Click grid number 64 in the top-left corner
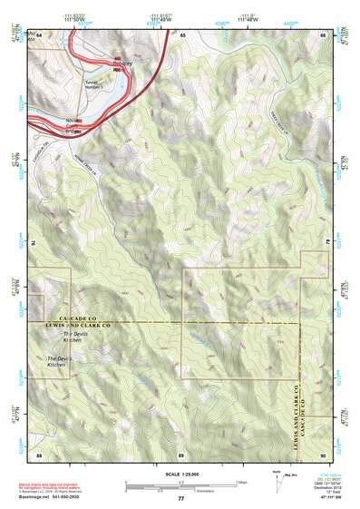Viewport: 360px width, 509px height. click(x=40, y=34)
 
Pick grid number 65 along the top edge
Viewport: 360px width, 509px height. click(x=182, y=34)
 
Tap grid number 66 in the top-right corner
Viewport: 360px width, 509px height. click(x=323, y=34)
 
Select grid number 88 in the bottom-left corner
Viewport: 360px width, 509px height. click(x=40, y=454)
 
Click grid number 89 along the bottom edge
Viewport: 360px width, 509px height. click(x=181, y=454)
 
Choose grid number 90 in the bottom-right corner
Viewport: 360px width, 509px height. click(x=323, y=454)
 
